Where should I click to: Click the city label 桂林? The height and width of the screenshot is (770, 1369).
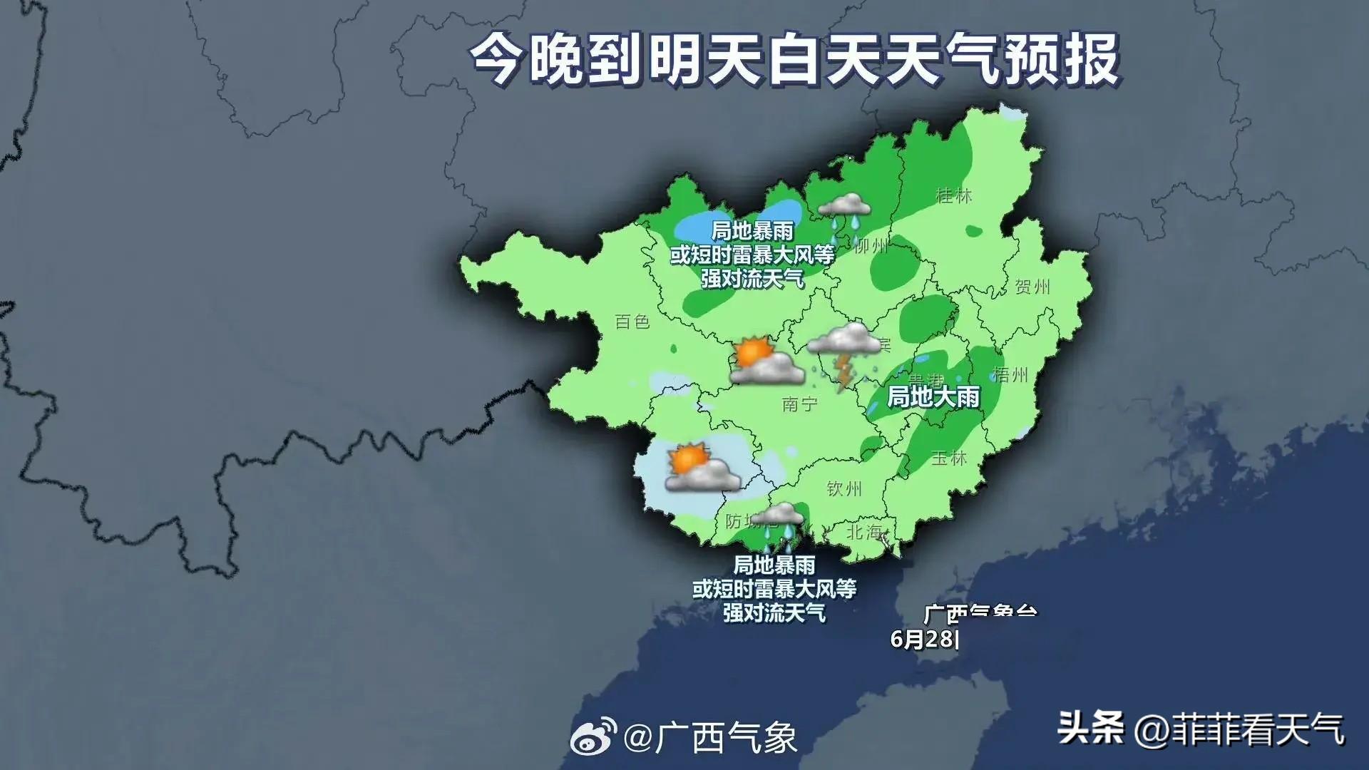tap(953, 195)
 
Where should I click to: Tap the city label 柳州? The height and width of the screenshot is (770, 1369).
tap(871, 247)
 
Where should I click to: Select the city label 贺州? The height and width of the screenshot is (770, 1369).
tap(1032, 287)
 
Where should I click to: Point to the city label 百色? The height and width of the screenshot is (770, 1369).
tap(632, 322)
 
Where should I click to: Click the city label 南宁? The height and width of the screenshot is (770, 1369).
tap(799, 404)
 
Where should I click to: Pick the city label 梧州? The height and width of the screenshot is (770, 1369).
tap(1010, 374)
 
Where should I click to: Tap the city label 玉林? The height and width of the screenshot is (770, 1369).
tap(949, 458)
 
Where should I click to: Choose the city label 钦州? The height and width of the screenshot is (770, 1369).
tap(844, 488)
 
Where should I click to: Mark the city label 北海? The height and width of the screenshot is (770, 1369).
tap(864, 532)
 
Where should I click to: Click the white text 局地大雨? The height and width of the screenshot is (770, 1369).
tap(933, 397)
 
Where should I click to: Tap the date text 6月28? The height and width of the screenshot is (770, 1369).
tap(924, 639)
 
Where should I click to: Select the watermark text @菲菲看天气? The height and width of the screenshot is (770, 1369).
tap(1239, 729)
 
